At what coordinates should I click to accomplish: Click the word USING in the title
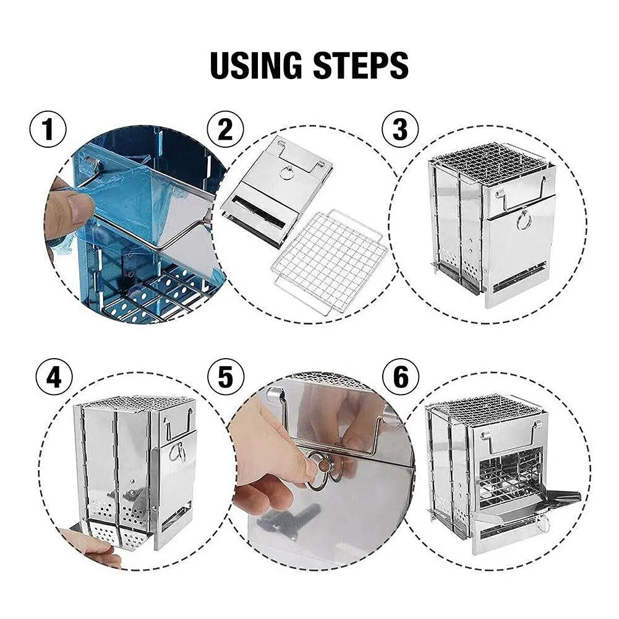click(x=257, y=65)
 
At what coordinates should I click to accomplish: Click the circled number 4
click(x=54, y=377)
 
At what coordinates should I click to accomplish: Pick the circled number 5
click(x=225, y=377)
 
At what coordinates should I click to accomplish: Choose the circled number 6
click(x=400, y=377)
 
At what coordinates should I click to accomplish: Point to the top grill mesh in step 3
click(x=489, y=162)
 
